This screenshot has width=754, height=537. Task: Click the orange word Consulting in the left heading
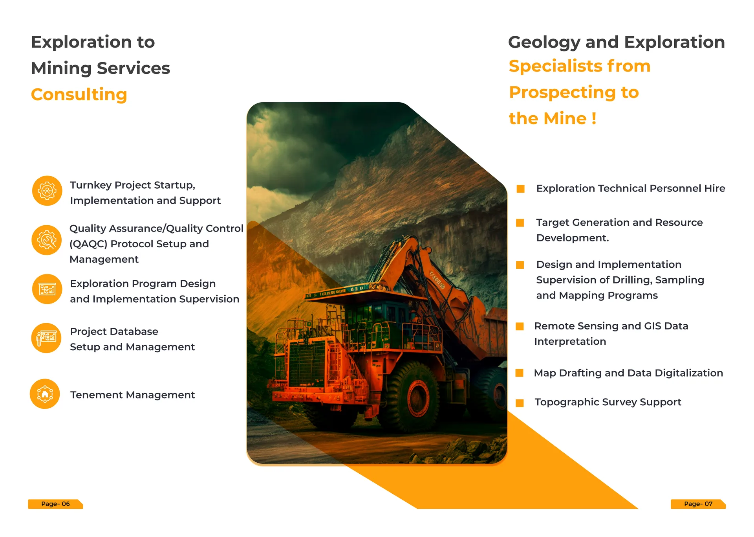tap(79, 95)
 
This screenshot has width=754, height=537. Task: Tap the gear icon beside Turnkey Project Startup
tap(47, 191)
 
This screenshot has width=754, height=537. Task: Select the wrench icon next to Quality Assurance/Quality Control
tap(47, 240)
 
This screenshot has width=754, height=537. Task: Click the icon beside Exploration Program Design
tap(47, 289)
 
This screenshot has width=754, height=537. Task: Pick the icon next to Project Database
tap(46, 338)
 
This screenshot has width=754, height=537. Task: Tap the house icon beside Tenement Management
tap(45, 394)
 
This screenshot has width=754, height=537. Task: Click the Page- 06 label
tap(55, 504)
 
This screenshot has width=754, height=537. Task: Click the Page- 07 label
tap(698, 504)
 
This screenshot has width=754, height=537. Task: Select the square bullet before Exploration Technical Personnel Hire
tap(521, 189)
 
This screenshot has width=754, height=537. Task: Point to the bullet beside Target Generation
tap(520, 223)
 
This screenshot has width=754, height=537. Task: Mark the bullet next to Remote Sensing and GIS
tap(520, 326)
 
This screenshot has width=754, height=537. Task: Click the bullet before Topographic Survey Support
tap(520, 403)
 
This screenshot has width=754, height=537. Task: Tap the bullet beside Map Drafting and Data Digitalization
tap(519, 373)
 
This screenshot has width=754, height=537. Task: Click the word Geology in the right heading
tap(544, 42)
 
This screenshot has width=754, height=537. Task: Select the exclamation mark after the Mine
tap(594, 118)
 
